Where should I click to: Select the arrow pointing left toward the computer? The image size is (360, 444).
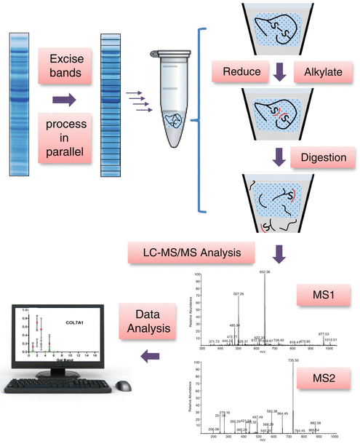[x=148, y=356]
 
